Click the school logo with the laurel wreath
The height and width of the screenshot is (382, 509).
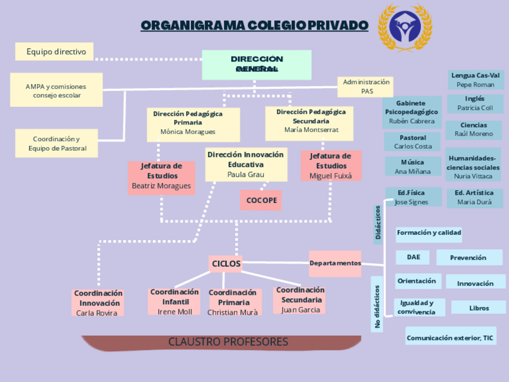[x=404, y=28]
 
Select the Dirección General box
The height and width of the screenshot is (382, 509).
[x=256, y=64]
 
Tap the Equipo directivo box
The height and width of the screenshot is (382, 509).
[x=55, y=52]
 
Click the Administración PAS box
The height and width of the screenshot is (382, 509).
[x=366, y=86]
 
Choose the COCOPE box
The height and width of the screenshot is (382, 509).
[x=261, y=200]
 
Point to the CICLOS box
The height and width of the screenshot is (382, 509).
[x=226, y=263]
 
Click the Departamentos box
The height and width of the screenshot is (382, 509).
[x=335, y=263]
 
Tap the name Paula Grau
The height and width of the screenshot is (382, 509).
[x=245, y=175]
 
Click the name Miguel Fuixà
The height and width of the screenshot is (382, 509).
[x=331, y=176]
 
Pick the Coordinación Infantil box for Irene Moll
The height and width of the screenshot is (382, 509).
[x=175, y=302]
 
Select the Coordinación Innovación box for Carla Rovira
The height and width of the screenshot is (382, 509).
[x=98, y=303]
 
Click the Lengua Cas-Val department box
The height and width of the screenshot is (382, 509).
[x=475, y=80]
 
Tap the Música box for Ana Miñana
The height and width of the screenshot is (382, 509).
[x=412, y=167]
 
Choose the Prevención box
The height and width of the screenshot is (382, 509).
[x=468, y=258]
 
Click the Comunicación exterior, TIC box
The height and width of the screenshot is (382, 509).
[x=450, y=338]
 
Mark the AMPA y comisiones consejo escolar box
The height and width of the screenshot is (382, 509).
[x=56, y=91]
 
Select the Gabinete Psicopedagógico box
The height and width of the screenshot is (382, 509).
[x=411, y=112]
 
